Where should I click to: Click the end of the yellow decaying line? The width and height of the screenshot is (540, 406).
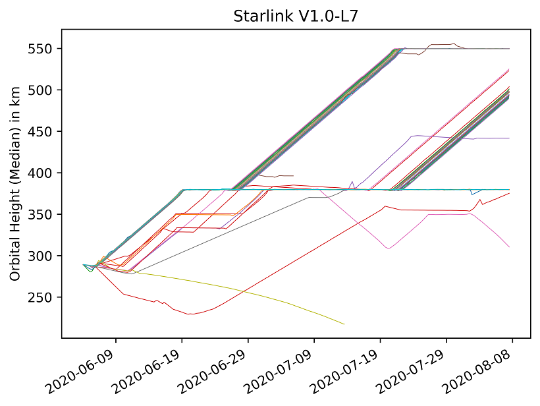point(344,324)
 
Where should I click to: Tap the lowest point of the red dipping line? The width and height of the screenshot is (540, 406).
point(191,314)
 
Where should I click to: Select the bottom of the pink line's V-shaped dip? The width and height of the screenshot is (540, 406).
point(389,248)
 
